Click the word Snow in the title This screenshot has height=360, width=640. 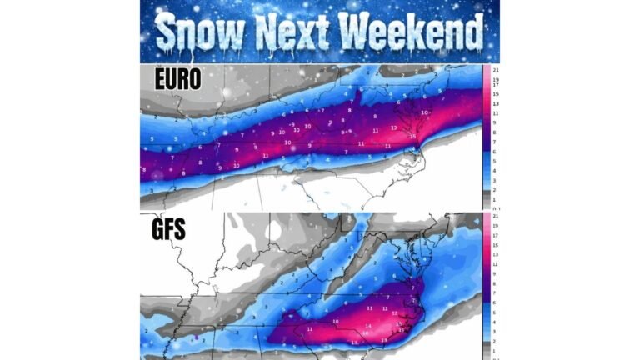point(198,33)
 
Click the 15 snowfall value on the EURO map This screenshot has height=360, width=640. point(412,136)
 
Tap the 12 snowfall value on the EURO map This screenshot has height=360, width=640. point(393,127)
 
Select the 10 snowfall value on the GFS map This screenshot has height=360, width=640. point(336,321)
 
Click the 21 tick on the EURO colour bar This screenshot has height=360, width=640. point(495,69)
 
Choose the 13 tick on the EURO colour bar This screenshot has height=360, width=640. point(495,102)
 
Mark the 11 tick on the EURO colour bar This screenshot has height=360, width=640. point(495,112)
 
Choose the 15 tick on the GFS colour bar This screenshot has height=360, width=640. point(495,244)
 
